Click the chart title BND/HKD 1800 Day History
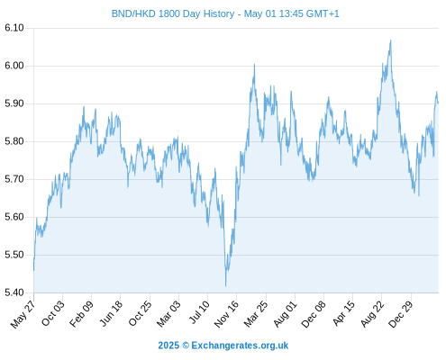click(173, 13)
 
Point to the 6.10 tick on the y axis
click(14, 28)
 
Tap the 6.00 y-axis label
click(14, 66)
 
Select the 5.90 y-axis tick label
click(14, 103)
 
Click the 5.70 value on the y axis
click(14, 179)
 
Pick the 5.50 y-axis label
click(14, 255)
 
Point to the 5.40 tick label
click(14, 292)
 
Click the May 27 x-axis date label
click(23, 314)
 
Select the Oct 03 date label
click(53, 313)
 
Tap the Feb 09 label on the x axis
click(81, 314)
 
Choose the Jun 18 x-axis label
click(111, 313)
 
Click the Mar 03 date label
click(168, 314)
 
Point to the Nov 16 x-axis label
click(226, 314)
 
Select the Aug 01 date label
click(285, 314)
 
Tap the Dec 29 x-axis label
click(400, 314)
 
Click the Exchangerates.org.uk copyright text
click(223, 346)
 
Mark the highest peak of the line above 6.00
click(390, 40)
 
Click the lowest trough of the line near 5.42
click(225, 286)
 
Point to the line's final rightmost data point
click(438, 103)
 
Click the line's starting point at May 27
click(33, 270)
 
